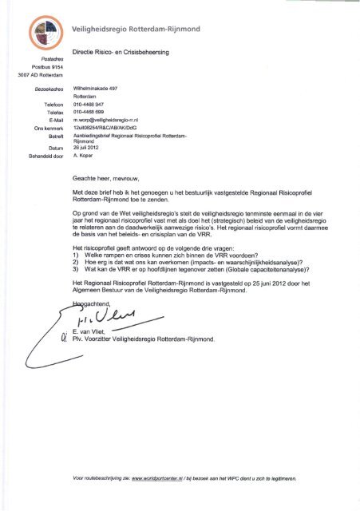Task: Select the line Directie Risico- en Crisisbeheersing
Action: pyautogui.click(x=132, y=54)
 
